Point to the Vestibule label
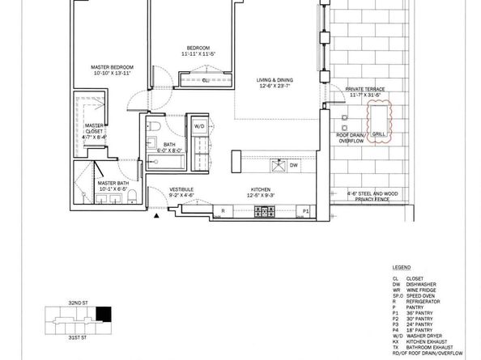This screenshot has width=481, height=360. point(181,192)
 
